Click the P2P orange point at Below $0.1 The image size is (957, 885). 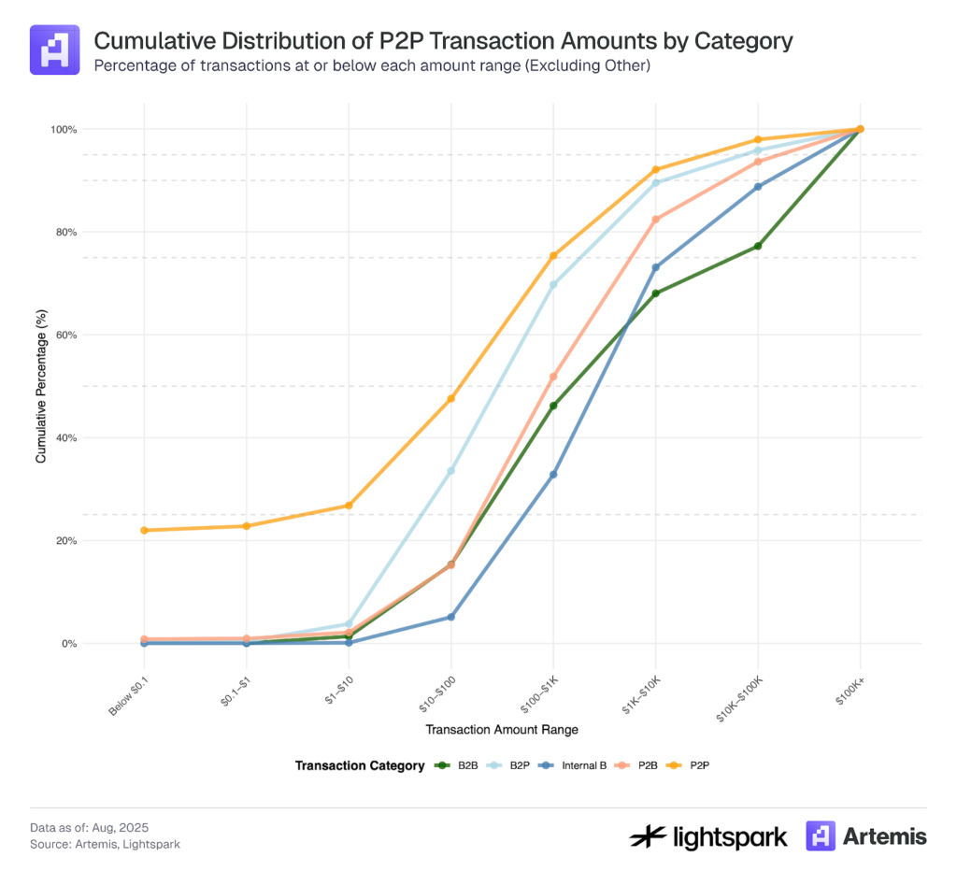pos(144,530)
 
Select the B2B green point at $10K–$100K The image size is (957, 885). pos(758,246)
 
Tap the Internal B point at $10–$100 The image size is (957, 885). pos(450,617)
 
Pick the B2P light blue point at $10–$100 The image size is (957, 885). pos(450,470)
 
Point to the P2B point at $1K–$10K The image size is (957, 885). pos(655,220)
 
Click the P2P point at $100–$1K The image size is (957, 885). pos(553,255)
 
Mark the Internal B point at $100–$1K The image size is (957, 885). pos(553,475)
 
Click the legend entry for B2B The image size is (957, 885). pos(458,765)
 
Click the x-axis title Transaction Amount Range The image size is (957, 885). pos(502,728)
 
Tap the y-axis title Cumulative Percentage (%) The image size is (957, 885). pos(40,386)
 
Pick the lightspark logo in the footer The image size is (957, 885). pos(708,835)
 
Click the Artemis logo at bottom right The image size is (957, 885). pos(866,835)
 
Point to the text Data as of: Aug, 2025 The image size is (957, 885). pos(89,827)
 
